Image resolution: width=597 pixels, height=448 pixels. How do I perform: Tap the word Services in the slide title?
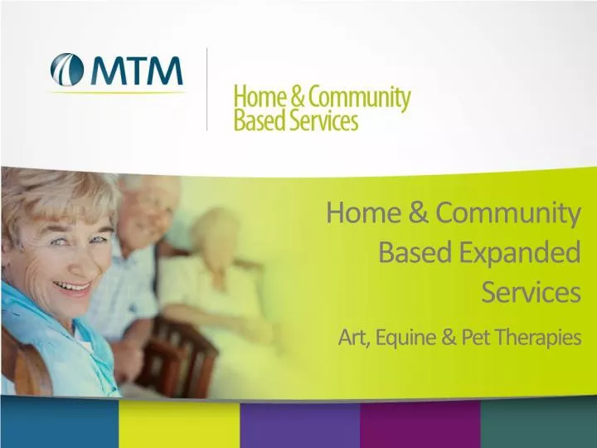[531, 292]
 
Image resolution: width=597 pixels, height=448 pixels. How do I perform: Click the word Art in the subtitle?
[353, 338]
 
